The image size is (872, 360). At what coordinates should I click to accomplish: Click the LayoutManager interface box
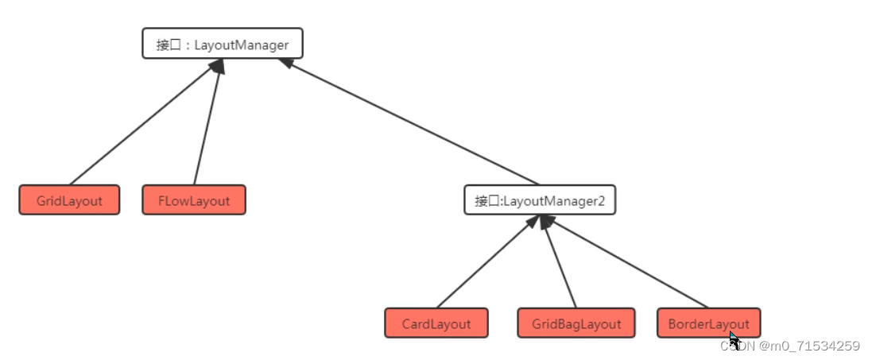222,45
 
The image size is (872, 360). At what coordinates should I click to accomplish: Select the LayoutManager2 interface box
540,200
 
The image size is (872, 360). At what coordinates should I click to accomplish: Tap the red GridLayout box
69,200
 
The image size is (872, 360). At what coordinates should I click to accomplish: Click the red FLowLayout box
194,200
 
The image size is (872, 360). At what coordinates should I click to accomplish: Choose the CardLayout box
436,323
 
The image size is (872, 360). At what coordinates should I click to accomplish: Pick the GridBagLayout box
576,323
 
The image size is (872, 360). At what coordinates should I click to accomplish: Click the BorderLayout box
708,323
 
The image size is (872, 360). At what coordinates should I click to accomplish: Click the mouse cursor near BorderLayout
734,339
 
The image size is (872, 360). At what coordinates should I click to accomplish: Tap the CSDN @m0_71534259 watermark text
790,346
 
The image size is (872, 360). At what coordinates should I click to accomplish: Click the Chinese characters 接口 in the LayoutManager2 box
486,201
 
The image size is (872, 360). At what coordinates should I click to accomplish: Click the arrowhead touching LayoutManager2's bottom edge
545,222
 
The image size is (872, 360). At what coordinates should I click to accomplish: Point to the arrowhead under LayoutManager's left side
217,66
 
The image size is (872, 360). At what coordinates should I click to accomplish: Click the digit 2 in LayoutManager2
602,201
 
